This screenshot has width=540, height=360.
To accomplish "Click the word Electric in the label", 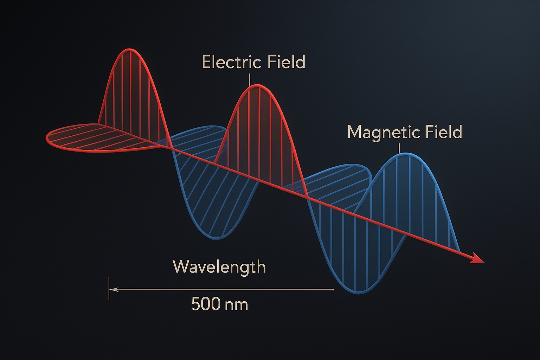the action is point(231,62).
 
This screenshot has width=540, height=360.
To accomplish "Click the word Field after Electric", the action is point(287,62).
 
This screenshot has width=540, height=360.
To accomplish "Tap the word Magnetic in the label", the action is point(383,132).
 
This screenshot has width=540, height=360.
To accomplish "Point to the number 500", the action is point(206,304).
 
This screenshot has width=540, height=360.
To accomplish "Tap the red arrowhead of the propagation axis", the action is point(477,259).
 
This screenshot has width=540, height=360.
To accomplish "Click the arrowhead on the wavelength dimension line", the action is point(114,290).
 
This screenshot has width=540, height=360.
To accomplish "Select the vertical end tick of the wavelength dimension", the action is point(109,289).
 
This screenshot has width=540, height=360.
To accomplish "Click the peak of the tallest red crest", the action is point(129,49).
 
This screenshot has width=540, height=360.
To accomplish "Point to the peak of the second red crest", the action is point(258,85).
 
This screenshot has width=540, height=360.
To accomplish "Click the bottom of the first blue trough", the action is point(216,239).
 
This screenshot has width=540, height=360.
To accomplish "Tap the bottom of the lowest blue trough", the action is point(358,293).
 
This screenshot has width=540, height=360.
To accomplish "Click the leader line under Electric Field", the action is point(250,79).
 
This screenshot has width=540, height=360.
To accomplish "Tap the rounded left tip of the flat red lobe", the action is point(47,138).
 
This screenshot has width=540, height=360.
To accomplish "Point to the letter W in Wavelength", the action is point(181,266).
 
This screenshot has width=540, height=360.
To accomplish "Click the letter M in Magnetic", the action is point(354,132).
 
